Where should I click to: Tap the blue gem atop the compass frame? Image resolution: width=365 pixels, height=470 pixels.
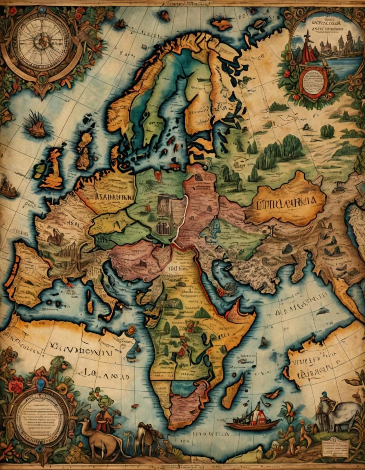pos(41,9)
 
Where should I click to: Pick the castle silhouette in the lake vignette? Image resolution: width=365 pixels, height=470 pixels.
pos(326,45)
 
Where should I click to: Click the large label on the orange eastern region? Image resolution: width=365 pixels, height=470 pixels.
pos(285,202)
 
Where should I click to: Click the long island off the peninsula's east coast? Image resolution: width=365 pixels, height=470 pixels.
pos(233,391)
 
